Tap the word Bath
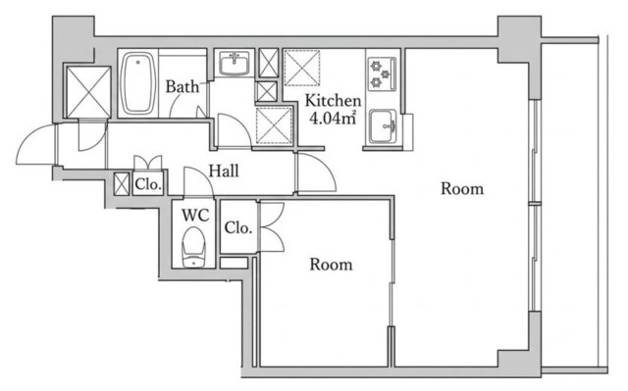tap(183, 86)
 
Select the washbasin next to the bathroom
tap(234, 64)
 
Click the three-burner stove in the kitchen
tap(382, 73)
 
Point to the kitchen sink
tap(383, 126)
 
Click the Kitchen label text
tap(333, 100)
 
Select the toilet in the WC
tap(194, 247)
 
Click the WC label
tap(195, 215)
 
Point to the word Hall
tap(224, 171)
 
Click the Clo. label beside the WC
tap(238, 228)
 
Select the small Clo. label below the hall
tap(148, 184)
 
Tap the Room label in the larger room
tap(462, 189)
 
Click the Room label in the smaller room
tap(331, 265)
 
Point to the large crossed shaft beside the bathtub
tap(88, 92)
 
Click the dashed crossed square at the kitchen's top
tap(302, 68)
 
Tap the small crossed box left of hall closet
tap(122, 184)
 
